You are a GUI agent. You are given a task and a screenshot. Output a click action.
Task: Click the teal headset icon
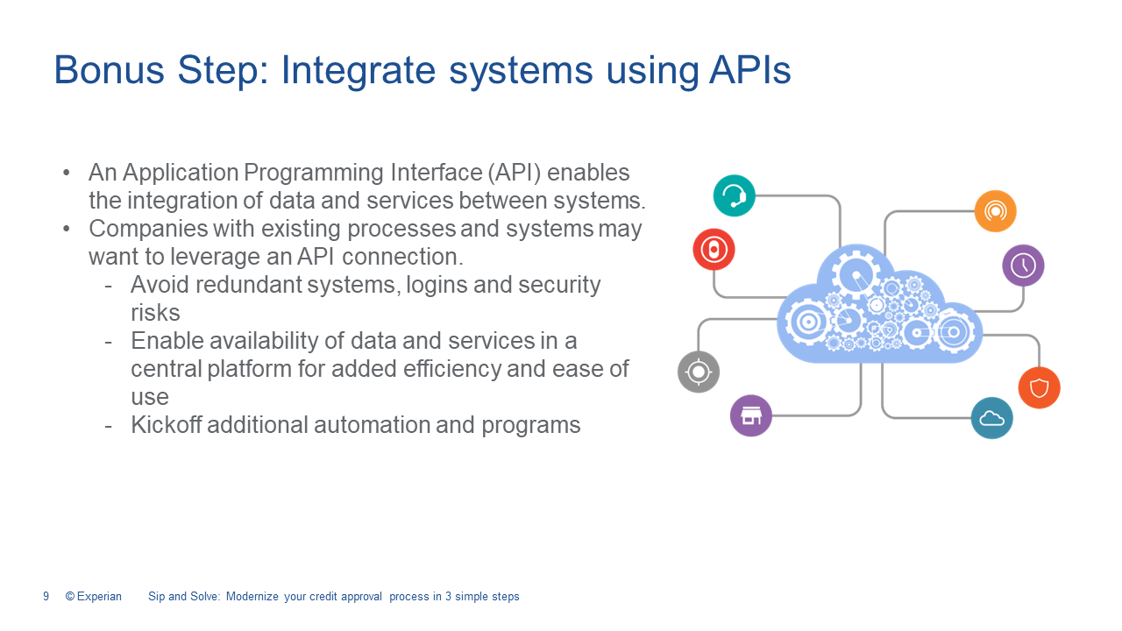coord(734,195)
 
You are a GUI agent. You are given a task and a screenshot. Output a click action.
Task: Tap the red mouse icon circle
coord(714,250)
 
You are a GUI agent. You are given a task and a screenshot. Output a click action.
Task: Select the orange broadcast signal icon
coord(995,211)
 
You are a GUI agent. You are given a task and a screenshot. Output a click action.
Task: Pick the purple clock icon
coord(1023,266)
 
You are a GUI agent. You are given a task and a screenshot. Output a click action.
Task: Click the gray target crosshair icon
coord(699,372)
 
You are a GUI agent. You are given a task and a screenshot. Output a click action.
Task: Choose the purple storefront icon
coord(751,415)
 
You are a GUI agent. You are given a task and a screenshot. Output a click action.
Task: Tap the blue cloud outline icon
coord(991,418)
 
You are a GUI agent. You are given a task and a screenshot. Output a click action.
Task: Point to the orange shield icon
coord(1039,387)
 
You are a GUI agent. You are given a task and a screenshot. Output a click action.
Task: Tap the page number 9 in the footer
coord(46,597)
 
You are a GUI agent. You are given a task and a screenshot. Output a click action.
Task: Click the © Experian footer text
coord(94,597)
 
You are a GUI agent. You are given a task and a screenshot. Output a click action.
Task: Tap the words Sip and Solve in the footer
coord(183,597)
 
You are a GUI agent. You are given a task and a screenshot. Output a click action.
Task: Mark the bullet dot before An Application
coord(67,174)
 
